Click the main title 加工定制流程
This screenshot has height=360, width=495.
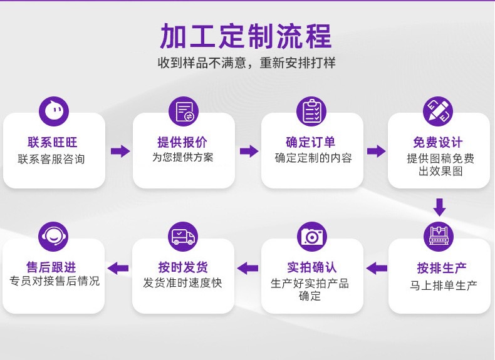(x=246, y=36)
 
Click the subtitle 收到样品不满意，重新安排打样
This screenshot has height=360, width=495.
(x=246, y=63)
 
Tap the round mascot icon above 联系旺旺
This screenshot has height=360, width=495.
(x=54, y=111)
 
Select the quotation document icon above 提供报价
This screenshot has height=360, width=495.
(x=183, y=111)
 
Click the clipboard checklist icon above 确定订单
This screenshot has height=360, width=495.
(x=311, y=111)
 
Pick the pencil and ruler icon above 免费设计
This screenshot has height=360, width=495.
(x=439, y=111)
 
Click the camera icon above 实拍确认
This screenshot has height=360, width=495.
(x=311, y=236)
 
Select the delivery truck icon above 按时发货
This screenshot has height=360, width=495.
(x=183, y=236)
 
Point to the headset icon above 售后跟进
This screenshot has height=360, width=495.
(x=54, y=236)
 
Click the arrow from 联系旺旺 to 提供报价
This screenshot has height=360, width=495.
(x=120, y=151)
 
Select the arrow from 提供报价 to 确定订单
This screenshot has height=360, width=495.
(x=249, y=151)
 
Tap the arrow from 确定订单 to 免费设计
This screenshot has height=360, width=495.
(x=376, y=151)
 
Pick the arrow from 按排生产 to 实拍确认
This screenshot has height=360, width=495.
(x=377, y=268)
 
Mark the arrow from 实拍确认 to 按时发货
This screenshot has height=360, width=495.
(x=248, y=268)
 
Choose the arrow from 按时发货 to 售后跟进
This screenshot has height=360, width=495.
(x=118, y=268)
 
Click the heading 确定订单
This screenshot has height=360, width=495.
(x=311, y=142)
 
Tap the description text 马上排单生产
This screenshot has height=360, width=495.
(x=439, y=285)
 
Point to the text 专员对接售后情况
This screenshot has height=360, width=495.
(x=55, y=281)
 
